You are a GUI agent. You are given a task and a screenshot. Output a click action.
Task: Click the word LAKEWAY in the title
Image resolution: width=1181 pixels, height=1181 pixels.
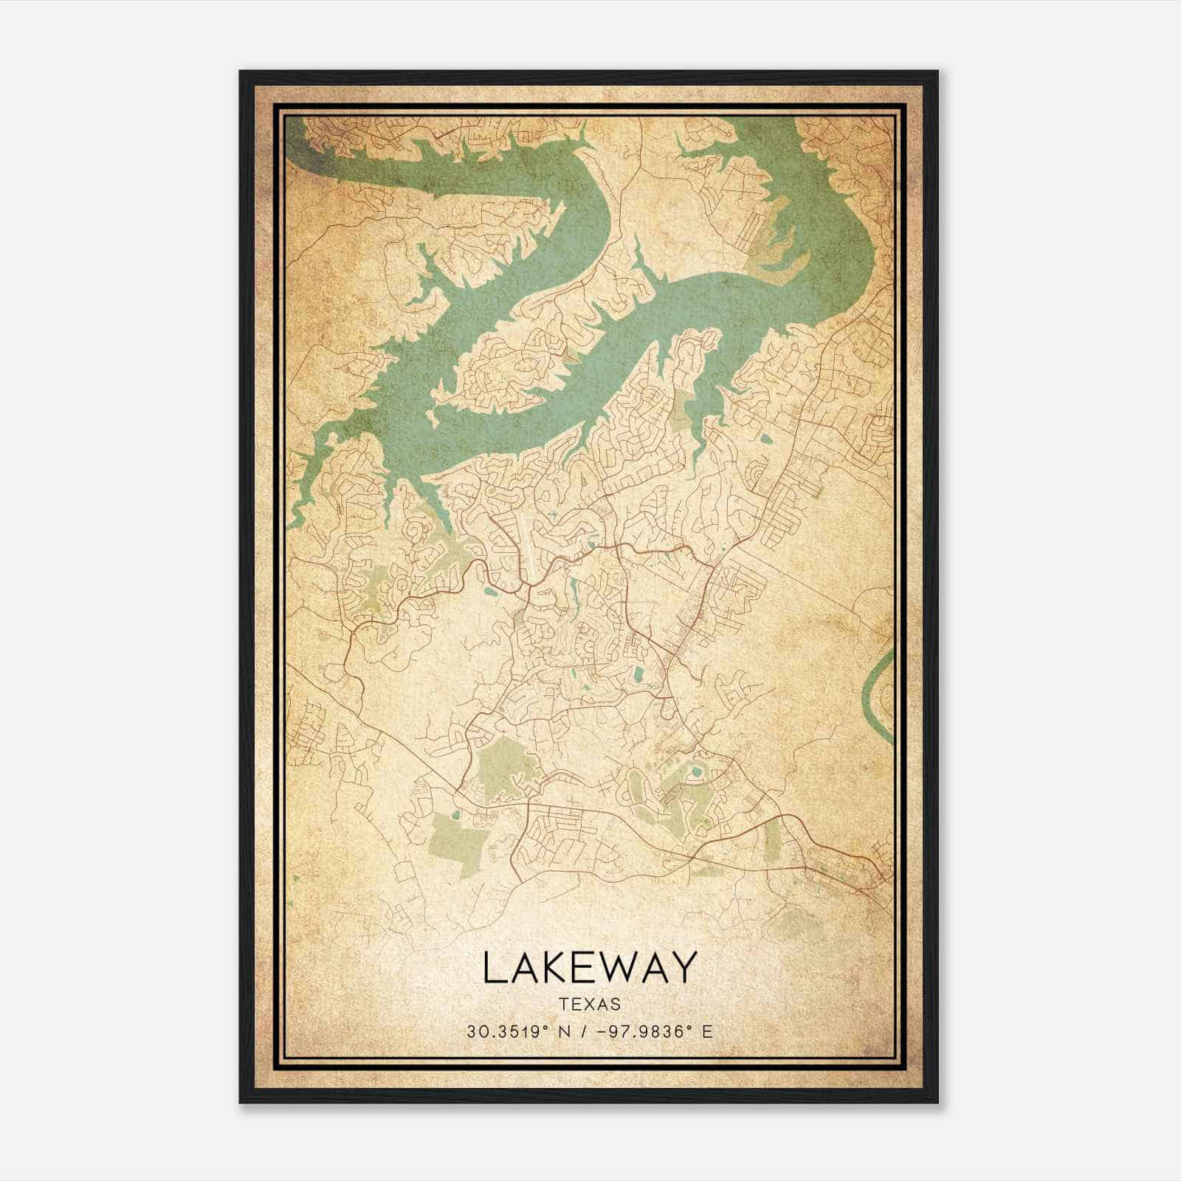coord(589,967)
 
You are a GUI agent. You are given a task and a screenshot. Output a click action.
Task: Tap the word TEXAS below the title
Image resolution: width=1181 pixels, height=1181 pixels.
coord(589,1005)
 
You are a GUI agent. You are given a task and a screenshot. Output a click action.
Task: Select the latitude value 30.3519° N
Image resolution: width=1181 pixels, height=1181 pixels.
coord(516,1032)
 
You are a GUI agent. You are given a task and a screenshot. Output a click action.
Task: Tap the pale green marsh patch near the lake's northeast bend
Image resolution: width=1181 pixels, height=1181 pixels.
coord(768,251)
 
